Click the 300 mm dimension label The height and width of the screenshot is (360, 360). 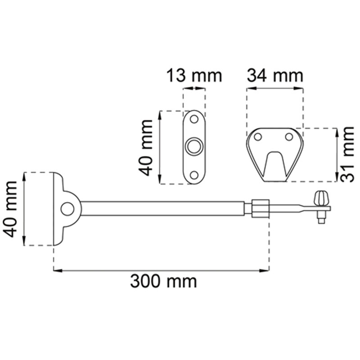[163, 282]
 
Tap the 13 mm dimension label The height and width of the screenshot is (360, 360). [194, 76]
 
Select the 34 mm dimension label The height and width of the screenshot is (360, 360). [275, 76]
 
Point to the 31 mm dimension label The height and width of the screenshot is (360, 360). [346, 154]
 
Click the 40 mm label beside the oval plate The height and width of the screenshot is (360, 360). [145, 148]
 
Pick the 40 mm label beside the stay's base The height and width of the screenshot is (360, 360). [10, 209]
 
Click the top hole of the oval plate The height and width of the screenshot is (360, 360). [194, 119]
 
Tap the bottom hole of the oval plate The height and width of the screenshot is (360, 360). [194, 175]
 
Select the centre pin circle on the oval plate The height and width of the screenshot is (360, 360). [194, 147]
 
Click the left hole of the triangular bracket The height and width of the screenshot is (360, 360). [258, 137]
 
